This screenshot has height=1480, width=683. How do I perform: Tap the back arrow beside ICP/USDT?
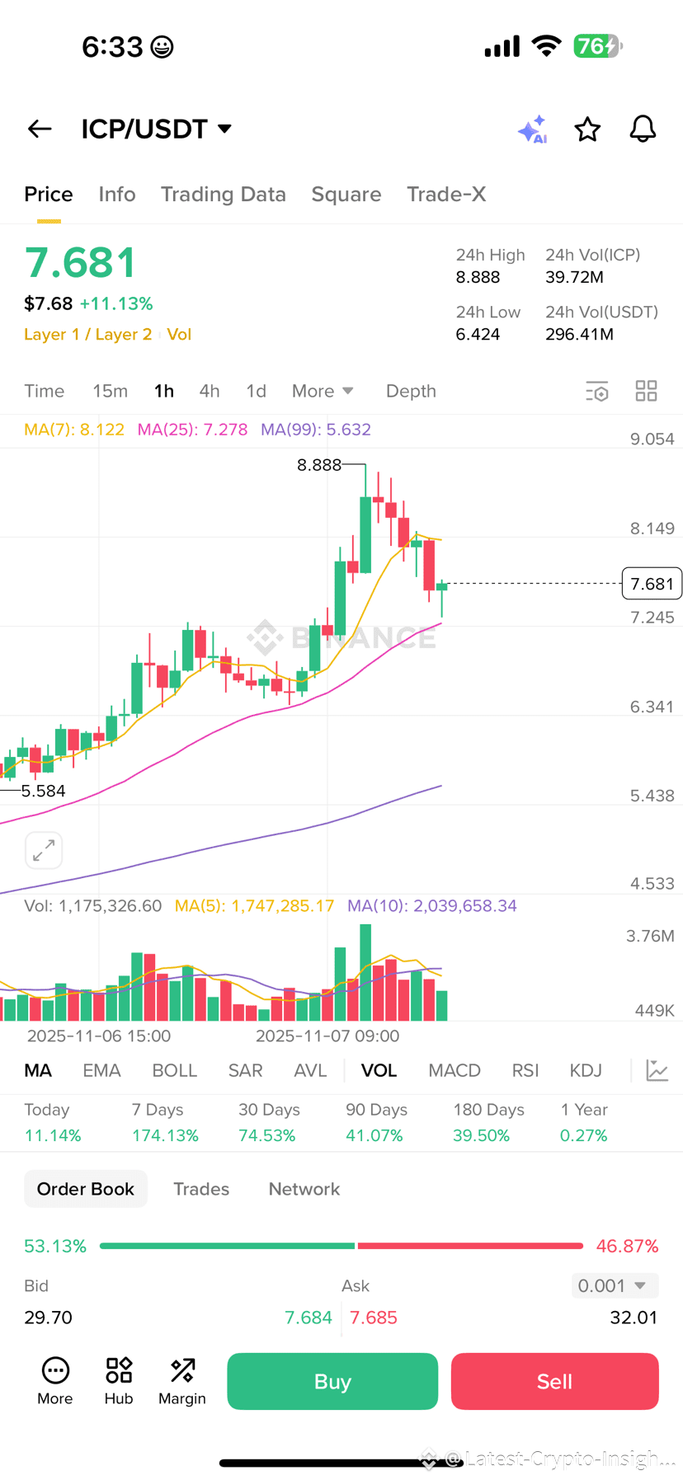[40, 129]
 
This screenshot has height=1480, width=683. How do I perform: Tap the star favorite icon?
[587, 129]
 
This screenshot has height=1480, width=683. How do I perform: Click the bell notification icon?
[643, 129]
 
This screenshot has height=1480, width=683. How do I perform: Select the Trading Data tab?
[223, 195]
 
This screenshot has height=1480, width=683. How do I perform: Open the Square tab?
[346, 195]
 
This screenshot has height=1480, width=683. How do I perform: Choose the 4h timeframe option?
[210, 391]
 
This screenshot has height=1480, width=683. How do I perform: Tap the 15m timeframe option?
[110, 391]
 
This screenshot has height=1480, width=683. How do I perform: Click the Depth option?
[411, 391]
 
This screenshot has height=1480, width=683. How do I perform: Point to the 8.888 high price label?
[319, 465]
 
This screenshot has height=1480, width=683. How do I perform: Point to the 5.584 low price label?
[43, 792]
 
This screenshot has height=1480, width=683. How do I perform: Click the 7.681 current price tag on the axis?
[652, 584]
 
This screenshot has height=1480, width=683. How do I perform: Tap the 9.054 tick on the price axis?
[652, 439]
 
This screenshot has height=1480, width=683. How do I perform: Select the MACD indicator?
[454, 1070]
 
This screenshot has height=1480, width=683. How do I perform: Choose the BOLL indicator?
[174, 1070]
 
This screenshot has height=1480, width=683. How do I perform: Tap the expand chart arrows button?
[44, 850]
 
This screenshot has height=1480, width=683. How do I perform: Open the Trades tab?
[201, 1189]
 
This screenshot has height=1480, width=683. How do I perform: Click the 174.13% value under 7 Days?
[165, 1135]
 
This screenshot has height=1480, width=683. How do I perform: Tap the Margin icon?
[182, 1380]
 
